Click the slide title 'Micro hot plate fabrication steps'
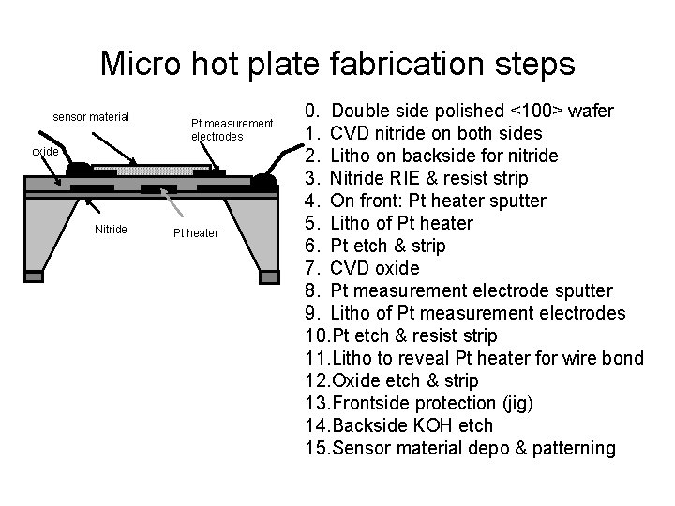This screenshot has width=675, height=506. pos(337,64)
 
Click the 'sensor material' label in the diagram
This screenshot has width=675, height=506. pos(91,117)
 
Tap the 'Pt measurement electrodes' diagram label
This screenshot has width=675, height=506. pos(232,130)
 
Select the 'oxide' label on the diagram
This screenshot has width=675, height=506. pos(45,152)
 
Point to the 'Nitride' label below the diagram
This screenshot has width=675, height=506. pos(111,229)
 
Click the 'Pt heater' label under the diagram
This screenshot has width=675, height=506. pos(196,232)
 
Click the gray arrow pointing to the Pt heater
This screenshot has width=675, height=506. pos(172,202)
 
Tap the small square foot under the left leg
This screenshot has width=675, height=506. pos(34,276)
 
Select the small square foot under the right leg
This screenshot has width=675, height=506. pos(269,277)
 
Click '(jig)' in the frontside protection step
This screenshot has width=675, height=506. pos(517,404)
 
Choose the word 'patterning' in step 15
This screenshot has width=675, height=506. pos(574,448)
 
